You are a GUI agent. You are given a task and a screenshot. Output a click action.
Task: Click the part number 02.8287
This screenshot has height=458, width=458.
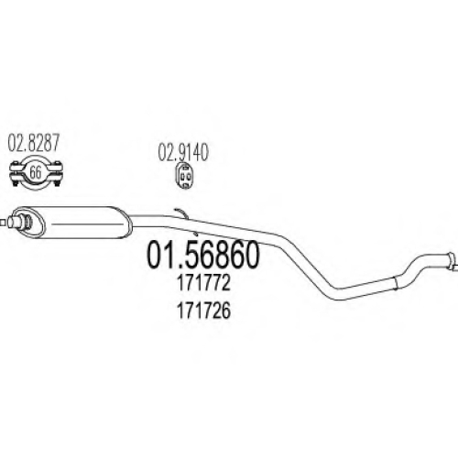tap(33, 143)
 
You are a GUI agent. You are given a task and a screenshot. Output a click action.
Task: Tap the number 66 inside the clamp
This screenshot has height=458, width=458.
tap(35, 172)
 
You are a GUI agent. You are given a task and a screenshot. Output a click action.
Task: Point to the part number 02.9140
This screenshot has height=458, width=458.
tap(183, 152)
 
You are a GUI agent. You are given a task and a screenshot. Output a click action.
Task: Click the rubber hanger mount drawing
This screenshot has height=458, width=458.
tap(184, 177)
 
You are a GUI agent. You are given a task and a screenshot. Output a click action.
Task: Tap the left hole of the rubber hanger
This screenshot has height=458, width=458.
tap(181, 176)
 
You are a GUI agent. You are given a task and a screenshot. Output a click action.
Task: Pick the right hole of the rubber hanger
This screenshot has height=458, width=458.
tap(188, 176)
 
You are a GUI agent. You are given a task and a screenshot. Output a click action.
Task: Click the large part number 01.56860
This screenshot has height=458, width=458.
tap(203, 255)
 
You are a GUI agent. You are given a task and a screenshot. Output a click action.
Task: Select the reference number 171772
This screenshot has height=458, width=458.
tap(203, 283)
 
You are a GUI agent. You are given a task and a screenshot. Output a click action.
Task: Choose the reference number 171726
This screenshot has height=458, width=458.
tap(203, 311)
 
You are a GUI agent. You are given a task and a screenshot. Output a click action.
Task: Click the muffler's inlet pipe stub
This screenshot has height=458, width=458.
tap(16, 222)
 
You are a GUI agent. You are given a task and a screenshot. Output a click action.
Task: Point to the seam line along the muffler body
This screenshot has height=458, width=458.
tap(86, 224)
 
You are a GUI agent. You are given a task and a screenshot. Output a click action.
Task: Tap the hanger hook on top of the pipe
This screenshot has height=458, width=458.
tap(181, 213)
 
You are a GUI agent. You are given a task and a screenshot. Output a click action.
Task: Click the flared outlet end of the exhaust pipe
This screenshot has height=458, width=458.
tap(452, 261)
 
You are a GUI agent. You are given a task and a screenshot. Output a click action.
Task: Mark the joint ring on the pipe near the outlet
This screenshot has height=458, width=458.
tap(395, 283)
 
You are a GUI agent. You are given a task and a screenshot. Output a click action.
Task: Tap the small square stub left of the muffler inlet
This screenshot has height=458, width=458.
tap(3, 223)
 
